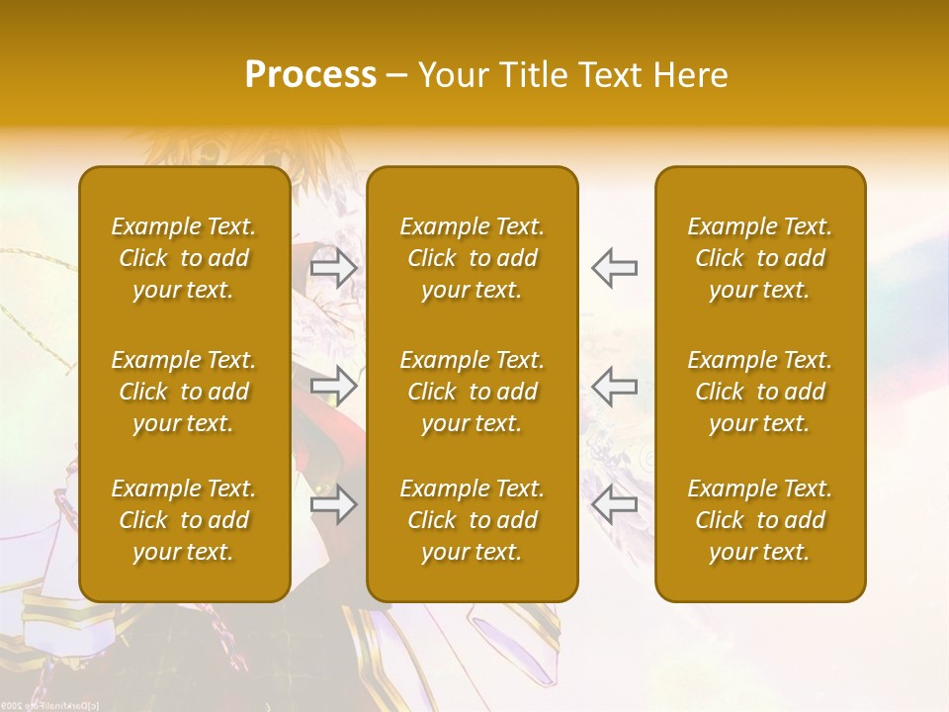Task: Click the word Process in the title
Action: click(310, 75)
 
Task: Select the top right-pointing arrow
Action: click(333, 268)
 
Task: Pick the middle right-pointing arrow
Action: click(333, 386)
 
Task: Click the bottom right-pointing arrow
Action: click(333, 505)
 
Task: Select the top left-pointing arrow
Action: click(615, 268)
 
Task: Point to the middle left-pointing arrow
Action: click(615, 386)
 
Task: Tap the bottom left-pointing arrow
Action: click(615, 505)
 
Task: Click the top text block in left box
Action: click(184, 258)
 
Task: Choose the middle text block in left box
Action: click(184, 392)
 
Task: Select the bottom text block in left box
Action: click(184, 520)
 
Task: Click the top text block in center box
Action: click(473, 258)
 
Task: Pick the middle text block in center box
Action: click(473, 392)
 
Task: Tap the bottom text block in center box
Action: click(473, 520)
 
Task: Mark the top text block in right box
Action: click(760, 258)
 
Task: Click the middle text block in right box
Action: click(760, 392)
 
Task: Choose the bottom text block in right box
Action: click(760, 520)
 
